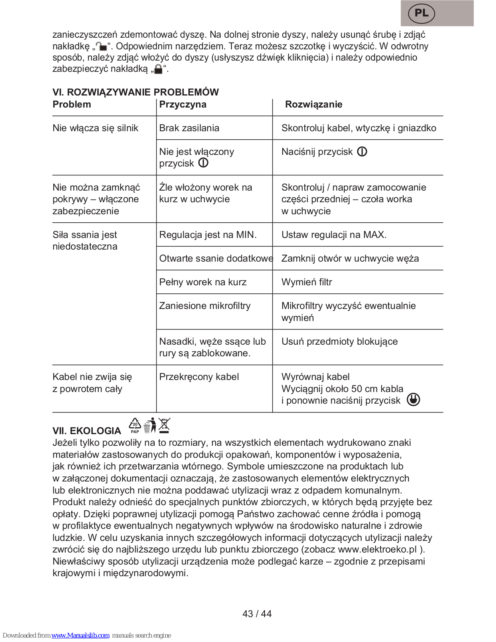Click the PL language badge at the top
[x=421, y=13]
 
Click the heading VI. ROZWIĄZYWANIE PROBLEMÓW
[x=136, y=92]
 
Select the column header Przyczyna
[x=183, y=105]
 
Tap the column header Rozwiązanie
[x=314, y=105]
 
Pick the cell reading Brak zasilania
[x=189, y=128]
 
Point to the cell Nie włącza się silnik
[x=95, y=128]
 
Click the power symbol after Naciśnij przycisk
[x=362, y=152]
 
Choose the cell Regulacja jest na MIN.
[x=208, y=235]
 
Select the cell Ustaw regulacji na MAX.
[x=334, y=235]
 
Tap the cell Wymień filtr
[x=307, y=282]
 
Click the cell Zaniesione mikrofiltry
[x=204, y=306]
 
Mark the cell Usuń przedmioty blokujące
[x=339, y=342]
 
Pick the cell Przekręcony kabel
[x=199, y=377]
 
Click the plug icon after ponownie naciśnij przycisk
[x=413, y=400]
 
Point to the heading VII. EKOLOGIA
[x=87, y=431]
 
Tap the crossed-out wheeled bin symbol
[x=164, y=426]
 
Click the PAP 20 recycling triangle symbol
[x=135, y=426]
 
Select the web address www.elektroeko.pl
[x=377, y=550]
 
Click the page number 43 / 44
[x=257, y=614]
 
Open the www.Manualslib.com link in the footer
[x=80, y=636]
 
